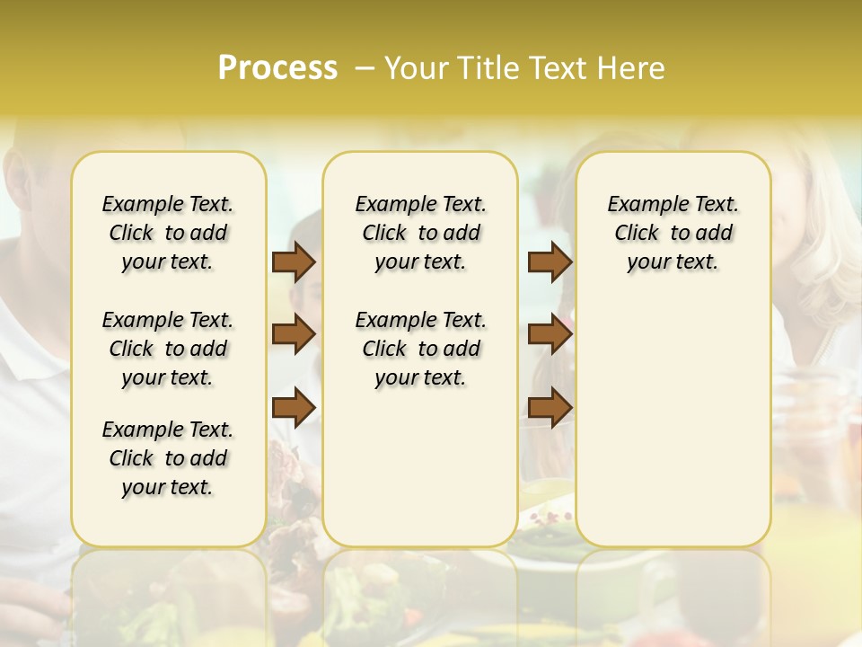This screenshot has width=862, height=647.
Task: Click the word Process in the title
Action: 277,68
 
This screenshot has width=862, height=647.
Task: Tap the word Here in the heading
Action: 632,68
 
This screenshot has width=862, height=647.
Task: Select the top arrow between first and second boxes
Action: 294,262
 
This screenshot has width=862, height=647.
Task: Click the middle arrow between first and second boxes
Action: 294,334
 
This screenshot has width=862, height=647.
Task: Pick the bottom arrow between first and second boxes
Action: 294,407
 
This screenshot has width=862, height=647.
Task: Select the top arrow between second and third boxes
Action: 550,262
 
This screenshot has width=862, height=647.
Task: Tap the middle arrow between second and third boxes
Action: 550,334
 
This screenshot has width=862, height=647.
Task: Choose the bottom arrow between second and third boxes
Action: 550,407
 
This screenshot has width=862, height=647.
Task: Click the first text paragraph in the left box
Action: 168,233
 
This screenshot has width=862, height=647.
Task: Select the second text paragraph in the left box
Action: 168,349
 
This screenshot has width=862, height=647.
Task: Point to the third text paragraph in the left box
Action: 168,458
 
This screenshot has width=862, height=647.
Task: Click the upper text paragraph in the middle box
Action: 420,233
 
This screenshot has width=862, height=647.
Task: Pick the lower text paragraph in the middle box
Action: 420,349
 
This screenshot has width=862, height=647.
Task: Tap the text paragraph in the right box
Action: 673,233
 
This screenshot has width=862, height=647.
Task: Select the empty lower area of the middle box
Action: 420,467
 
